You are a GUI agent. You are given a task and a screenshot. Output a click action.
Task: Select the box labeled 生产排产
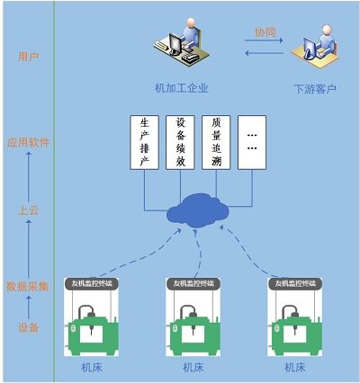(x=143, y=142)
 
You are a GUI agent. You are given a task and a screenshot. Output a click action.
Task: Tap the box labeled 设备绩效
(x=180, y=142)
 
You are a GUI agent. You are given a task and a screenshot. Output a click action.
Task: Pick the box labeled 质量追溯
(x=216, y=142)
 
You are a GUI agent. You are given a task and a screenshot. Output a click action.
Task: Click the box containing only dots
(x=253, y=142)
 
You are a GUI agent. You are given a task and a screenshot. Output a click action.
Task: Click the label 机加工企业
(x=181, y=87)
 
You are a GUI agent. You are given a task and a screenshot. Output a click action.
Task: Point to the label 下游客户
(x=315, y=89)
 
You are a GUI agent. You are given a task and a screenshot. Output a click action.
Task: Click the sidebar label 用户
(x=28, y=57)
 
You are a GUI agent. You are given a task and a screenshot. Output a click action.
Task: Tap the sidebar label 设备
(x=28, y=328)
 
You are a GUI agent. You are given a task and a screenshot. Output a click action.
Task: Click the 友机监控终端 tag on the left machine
(x=93, y=282)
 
